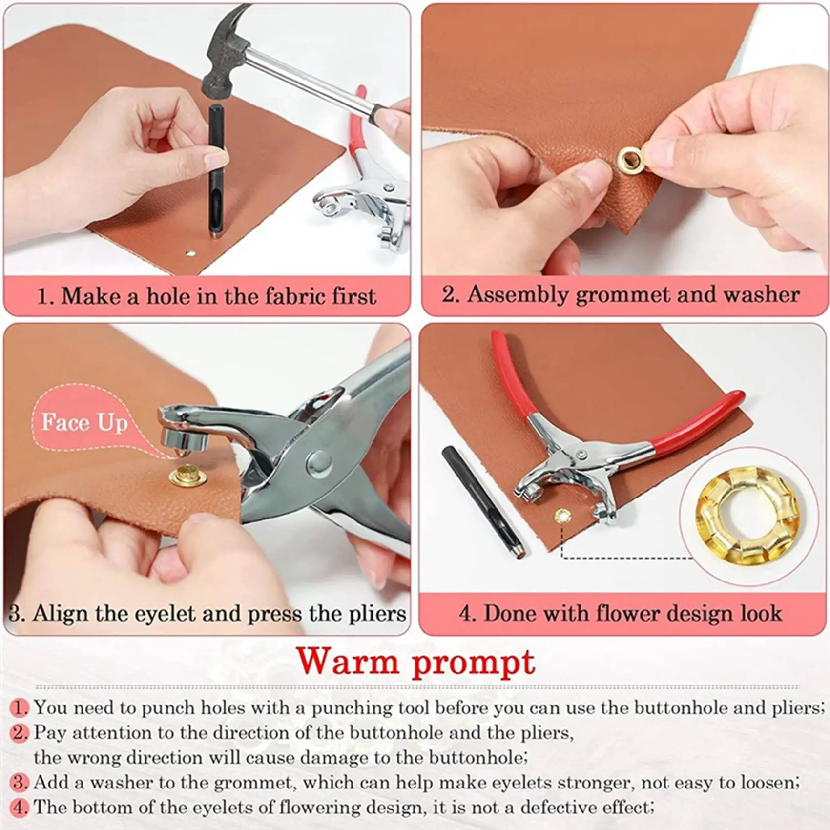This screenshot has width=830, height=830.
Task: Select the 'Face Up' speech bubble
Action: point(84,422)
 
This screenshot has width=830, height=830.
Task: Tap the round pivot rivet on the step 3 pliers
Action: point(319,461)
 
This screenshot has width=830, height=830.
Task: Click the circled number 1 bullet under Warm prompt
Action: point(20,707)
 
